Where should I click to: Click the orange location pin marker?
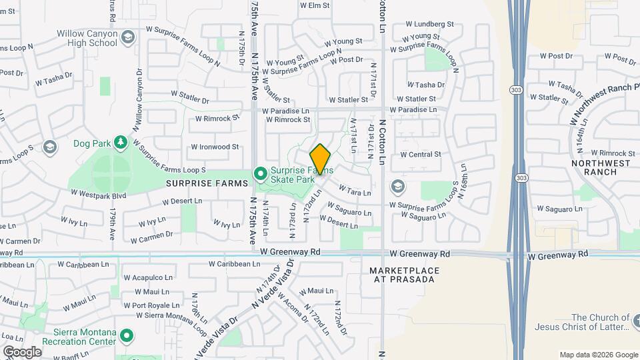(x=321, y=159)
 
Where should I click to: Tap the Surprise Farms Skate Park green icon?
(x=260, y=175)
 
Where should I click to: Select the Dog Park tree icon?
(x=120, y=142)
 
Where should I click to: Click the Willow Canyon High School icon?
(x=127, y=39)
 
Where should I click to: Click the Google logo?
(x=22, y=351)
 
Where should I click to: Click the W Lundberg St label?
(x=431, y=24)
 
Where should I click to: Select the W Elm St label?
(x=315, y=5)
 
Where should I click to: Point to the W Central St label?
(x=420, y=154)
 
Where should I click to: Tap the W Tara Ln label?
(x=355, y=191)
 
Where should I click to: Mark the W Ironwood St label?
(x=215, y=147)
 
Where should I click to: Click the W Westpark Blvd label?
(x=98, y=196)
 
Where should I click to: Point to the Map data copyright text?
(x=598, y=355)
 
